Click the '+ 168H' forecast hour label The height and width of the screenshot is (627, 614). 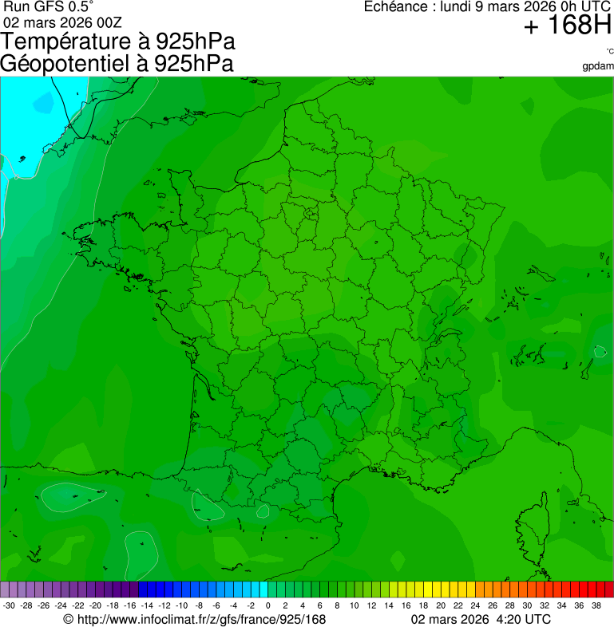[566, 26]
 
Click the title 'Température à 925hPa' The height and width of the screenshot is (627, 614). [118, 41]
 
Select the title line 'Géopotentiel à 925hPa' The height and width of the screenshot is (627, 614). [117, 63]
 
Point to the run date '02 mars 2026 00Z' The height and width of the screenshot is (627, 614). [62, 22]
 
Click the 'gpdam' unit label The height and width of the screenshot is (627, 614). [598, 65]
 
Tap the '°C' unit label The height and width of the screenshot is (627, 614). [609, 51]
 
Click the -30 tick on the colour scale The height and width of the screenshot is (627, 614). [9, 606]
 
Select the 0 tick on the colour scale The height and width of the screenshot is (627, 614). [267, 606]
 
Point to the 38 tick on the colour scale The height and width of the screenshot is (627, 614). [596, 606]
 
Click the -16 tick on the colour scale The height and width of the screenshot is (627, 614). [130, 606]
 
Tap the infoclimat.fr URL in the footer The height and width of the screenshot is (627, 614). [195, 619]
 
